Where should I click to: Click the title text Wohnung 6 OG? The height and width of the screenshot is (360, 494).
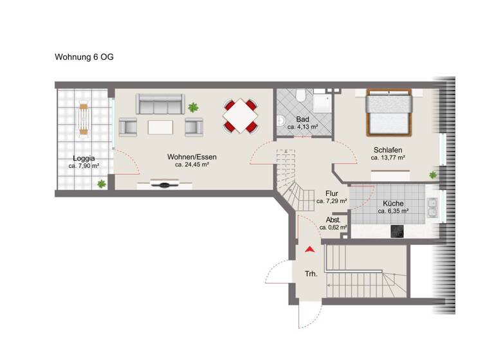pos(84,57)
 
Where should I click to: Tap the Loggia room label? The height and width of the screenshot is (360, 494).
pos(84,158)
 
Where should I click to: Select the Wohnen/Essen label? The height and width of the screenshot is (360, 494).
pos(192,157)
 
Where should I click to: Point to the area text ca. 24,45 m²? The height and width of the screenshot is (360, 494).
pos(192,165)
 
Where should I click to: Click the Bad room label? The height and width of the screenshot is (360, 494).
pos(302,120)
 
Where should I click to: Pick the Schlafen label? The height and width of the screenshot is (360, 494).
pos(387,150)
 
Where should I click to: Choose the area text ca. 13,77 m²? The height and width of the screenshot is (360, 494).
pos(387,157)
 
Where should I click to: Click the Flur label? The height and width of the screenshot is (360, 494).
pos(332,193)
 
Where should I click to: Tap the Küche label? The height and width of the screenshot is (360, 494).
pos(393,203)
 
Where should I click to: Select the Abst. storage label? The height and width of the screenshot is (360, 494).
pos(333,219)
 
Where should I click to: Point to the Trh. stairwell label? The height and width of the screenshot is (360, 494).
pos(311,274)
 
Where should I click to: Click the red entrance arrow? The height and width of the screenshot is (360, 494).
pos(310,248)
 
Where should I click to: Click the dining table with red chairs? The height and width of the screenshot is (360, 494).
pos(241,116)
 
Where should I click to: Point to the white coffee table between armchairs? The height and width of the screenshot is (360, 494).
pos(160,126)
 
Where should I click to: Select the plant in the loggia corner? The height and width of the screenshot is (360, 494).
pos(101,184)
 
